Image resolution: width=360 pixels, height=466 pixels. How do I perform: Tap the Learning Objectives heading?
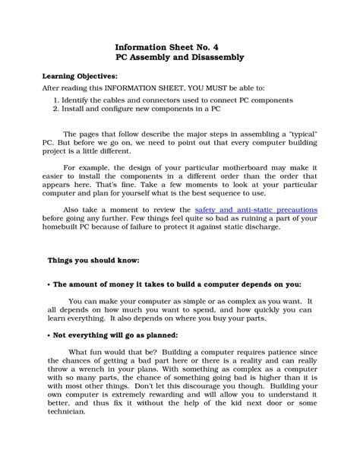tap(79, 77)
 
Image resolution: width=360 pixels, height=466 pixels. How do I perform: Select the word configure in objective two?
tap(115, 109)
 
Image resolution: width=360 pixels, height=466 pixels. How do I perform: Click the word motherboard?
tap(220, 166)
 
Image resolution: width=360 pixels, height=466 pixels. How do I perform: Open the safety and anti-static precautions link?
tap(245, 208)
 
